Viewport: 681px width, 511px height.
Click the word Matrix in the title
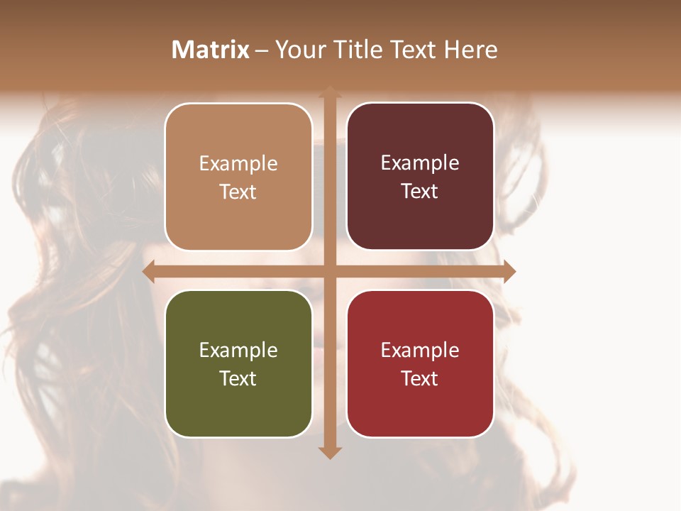(x=211, y=50)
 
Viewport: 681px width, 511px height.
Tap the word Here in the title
(x=470, y=50)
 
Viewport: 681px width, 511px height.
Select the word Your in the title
(x=297, y=50)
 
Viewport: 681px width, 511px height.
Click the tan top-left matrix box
(x=238, y=177)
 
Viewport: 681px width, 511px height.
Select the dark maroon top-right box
(x=420, y=177)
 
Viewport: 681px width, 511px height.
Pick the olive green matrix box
(x=238, y=363)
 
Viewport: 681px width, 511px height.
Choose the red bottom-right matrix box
(x=420, y=363)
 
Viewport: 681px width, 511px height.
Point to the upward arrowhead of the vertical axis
(x=330, y=92)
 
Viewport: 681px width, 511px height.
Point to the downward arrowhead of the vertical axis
(x=330, y=453)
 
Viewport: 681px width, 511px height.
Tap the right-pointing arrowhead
(x=509, y=271)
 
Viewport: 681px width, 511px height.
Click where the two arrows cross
(x=330, y=271)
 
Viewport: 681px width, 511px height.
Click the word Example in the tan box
(x=238, y=164)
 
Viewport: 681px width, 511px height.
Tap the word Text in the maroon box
(x=420, y=192)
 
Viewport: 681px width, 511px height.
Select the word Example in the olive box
(x=238, y=351)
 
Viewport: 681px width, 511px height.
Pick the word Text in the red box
(x=420, y=379)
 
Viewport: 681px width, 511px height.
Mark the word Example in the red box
(x=420, y=351)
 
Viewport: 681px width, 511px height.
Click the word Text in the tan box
(x=238, y=192)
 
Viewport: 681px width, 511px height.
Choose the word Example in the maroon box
(x=420, y=163)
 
